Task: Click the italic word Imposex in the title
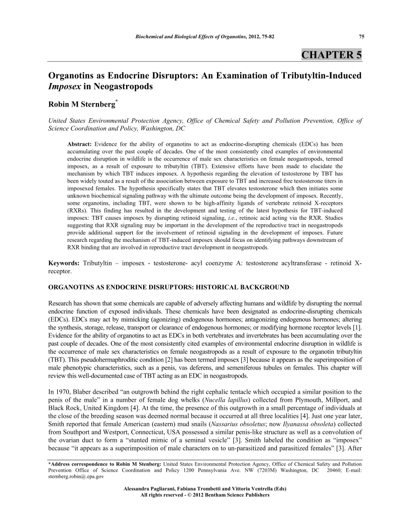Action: [x=65, y=86]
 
